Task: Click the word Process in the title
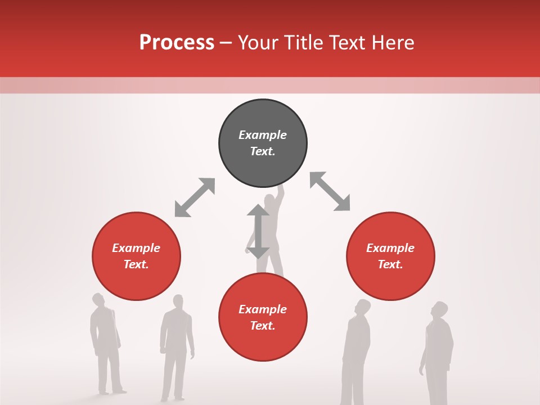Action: click(177, 43)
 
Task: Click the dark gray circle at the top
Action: click(263, 143)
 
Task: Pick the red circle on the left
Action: click(136, 256)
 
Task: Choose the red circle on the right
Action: click(390, 256)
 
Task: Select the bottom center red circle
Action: click(263, 317)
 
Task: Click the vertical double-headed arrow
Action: click(258, 231)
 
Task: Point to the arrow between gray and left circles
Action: click(195, 197)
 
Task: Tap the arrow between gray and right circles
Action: click(330, 191)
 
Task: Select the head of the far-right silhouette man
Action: click(439, 310)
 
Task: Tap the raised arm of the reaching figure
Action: click(281, 194)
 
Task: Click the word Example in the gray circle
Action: click(263, 135)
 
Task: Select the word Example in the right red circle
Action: click(390, 248)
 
